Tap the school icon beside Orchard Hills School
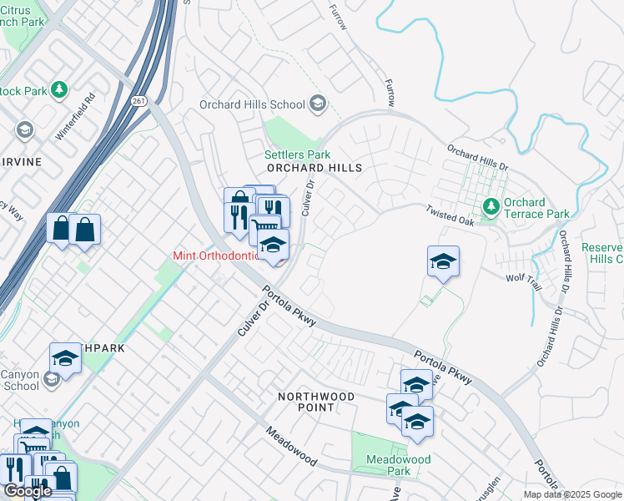click(317, 104)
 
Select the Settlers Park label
click(297, 154)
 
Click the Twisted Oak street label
click(450, 216)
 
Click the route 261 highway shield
click(138, 100)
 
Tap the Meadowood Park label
click(399, 465)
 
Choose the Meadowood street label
click(291, 447)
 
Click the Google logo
click(28, 491)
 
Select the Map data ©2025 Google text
click(572, 494)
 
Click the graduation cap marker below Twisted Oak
click(444, 262)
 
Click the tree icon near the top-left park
click(58, 89)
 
